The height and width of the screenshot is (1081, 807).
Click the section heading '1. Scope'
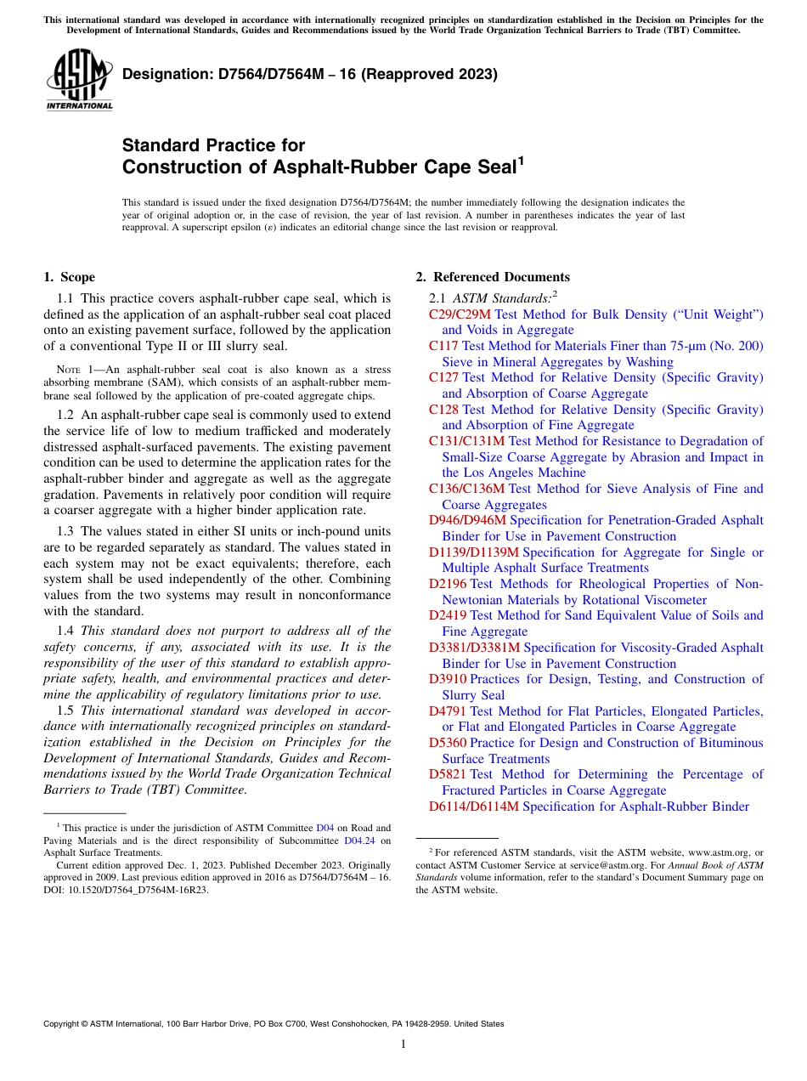coord(69,277)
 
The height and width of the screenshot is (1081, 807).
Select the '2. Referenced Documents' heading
coord(493,277)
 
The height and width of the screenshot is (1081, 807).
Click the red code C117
coord(443,346)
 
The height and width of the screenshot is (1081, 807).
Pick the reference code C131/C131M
coord(466,441)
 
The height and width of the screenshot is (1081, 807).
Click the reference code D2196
coord(448,584)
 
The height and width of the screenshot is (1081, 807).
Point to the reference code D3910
coord(448,679)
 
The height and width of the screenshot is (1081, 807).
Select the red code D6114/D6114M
coord(473,807)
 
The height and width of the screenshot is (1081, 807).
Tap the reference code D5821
coord(448,774)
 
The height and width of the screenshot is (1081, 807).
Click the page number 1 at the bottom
coord(403,1044)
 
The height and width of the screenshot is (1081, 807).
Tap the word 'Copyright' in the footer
coord(64,1024)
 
